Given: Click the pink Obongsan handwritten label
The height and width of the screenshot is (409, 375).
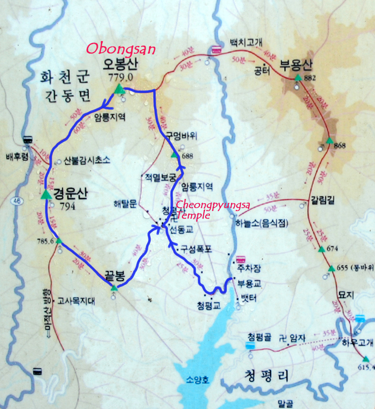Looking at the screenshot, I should pos(121,49).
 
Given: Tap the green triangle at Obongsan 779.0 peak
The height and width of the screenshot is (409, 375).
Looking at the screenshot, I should pos(119,89).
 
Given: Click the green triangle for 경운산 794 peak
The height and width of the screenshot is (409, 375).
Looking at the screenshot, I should pos(46,194).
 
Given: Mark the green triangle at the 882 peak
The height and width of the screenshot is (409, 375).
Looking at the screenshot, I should pos(298,78).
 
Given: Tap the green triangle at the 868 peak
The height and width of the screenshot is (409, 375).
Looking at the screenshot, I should pos(328,140).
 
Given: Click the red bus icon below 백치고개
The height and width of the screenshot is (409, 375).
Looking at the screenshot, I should pos(216,50).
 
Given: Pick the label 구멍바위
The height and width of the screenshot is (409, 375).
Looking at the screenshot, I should pos(181,135).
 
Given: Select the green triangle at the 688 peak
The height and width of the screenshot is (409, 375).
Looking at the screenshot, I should pos(174,154).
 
